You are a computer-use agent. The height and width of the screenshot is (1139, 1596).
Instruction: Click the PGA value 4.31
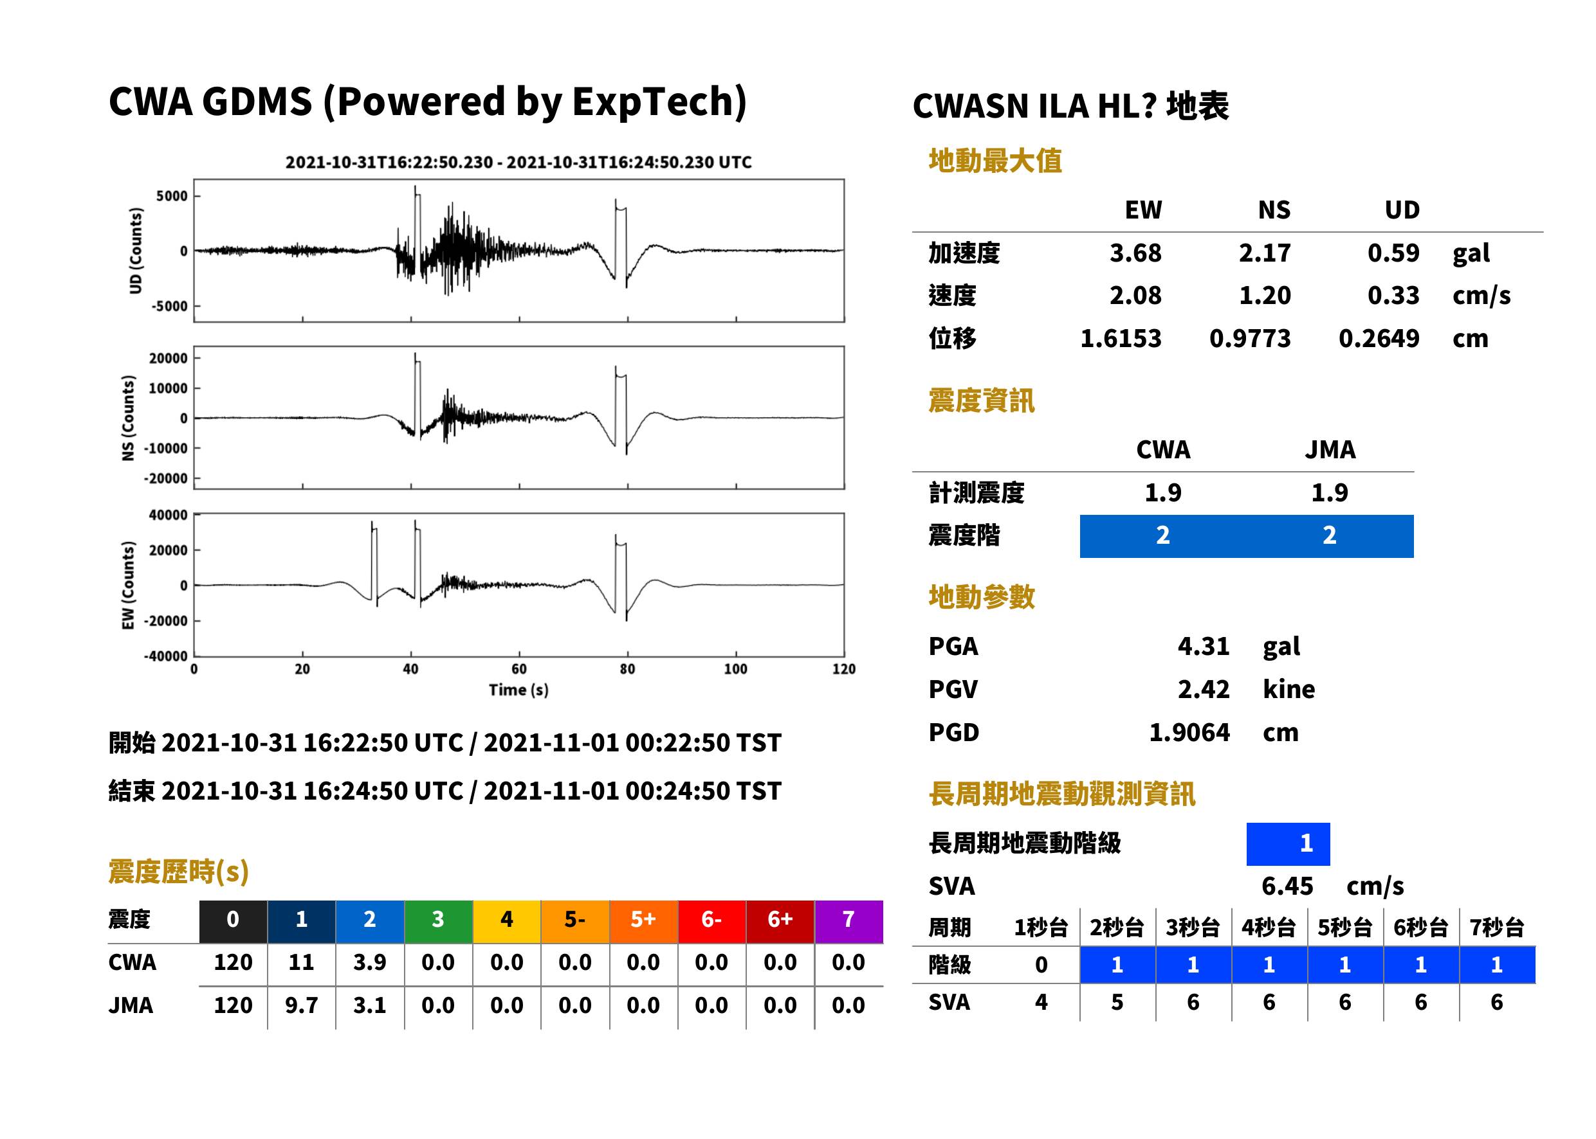(x=1203, y=646)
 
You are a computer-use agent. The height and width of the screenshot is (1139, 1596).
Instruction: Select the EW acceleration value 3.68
(x=1135, y=253)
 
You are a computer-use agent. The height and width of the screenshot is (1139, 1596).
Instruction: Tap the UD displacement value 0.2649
(x=1379, y=338)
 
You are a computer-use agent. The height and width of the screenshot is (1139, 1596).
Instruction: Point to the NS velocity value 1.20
(x=1265, y=295)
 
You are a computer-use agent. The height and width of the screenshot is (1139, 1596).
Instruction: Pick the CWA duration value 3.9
(x=370, y=962)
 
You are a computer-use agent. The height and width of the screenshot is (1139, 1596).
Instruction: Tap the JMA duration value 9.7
(x=302, y=1005)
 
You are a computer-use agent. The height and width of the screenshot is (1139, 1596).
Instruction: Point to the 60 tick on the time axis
(x=518, y=669)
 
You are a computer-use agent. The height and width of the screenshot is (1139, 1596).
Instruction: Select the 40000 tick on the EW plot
(x=168, y=515)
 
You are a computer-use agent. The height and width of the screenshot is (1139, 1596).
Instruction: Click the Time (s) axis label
(x=518, y=690)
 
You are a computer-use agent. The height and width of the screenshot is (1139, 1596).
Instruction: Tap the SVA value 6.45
(x=1287, y=886)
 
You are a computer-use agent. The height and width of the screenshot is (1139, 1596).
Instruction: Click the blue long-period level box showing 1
(x=1288, y=844)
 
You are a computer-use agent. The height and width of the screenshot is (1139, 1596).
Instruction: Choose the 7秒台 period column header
(x=1496, y=927)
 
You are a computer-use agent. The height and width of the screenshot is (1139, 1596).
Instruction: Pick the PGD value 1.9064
(x=1189, y=732)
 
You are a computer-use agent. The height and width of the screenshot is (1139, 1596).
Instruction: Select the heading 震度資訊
(x=981, y=400)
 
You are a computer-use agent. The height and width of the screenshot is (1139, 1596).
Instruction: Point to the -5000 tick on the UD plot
(x=169, y=307)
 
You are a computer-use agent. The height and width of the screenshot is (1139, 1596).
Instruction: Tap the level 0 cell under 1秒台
(x=1041, y=965)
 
